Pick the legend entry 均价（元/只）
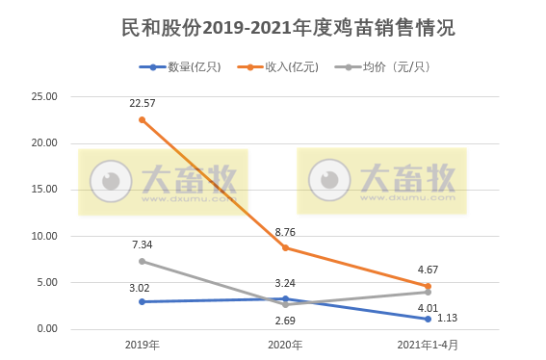(x=395, y=67)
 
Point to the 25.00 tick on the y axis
(x=45, y=97)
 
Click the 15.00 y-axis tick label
(x=45, y=190)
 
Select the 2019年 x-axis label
(x=143, y=345)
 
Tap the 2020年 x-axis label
(x=285, y=345)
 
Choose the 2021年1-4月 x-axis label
(x=428, y=345)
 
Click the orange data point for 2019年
(x=143, y=120)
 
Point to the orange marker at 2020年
(x=285, y=248)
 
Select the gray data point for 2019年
(x=143, y=261)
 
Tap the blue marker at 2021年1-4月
(x=428, y=319)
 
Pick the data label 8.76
(x=285, y=232)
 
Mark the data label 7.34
(x=143, y=244)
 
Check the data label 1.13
(x=447, y=319)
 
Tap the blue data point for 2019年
(x=143, y=301)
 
